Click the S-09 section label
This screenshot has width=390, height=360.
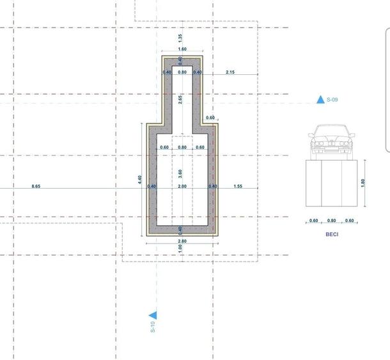pyautogui.click(x=332, y=100)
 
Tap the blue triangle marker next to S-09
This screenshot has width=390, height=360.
pyautogui.click(x=320, y=100)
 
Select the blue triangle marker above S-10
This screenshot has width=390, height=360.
pyautogui.click(x=153, y=315)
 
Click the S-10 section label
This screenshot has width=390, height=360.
pyautogui.click(x=153, y=327)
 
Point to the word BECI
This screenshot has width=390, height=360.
pyautogui.click(x=332, y=234)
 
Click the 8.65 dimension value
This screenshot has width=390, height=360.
pyautogui.click(x=36, y=186)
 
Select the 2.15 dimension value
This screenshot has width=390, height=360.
pyautogui.click(x=230, y=72)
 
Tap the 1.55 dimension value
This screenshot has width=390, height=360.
pyautogui.click(x=238, y=186)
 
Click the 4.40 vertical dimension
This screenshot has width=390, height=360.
pyautogui.click(x=139, y=180)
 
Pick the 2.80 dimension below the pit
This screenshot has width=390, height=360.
pyautogui.click(x=182, y=241)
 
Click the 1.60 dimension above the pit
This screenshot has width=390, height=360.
pyautogui.click(x=182, y=49)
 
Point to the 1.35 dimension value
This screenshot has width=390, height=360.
pyautogui.click(x=180, y=38)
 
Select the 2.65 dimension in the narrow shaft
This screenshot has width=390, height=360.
pyautogui.click(x=180, y=100)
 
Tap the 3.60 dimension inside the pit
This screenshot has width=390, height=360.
pyautogui.click(x=180, y=174)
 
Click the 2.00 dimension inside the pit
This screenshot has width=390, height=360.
pyautogui.click(x=182, y=186)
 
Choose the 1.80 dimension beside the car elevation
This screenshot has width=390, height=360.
pyautogui.click(x=363, y=183)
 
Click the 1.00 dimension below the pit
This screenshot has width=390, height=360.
pyautogui.click(x=180, y=248)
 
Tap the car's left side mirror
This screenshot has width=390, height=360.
pyautogui.click(x=311, y=136)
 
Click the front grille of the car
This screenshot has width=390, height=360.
pyautogui.click(x=331, y=143)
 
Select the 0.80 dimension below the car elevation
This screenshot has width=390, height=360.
pyautogui.click(x=332, y=221)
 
